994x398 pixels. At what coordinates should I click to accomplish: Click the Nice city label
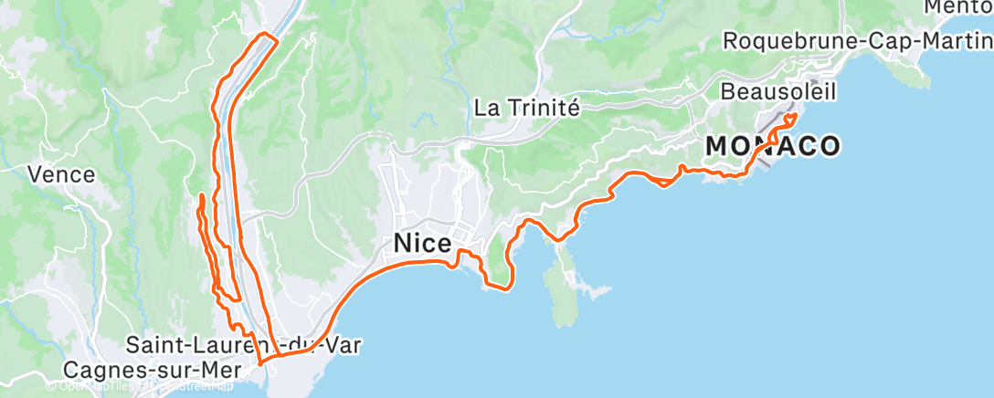[x=422, y=244]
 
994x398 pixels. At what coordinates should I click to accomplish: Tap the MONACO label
[x=772, y=146]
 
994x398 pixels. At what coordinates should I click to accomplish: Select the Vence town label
[x=61, y=173]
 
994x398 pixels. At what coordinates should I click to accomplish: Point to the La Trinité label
[x=527, y=108]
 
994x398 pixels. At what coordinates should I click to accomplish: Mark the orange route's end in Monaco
[x=794, y=116]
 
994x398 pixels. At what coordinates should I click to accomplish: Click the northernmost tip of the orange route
[x=266, y=34]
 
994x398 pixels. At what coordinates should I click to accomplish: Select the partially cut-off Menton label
[x=959, y=7]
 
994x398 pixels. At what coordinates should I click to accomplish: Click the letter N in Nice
[x=403, y=244]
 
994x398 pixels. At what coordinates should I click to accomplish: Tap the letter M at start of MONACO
[x=716, y=146]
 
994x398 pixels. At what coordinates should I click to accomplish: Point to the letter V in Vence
[x=35, y=173]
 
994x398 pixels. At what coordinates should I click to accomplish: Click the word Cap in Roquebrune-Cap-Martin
[x=875, y=42]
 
